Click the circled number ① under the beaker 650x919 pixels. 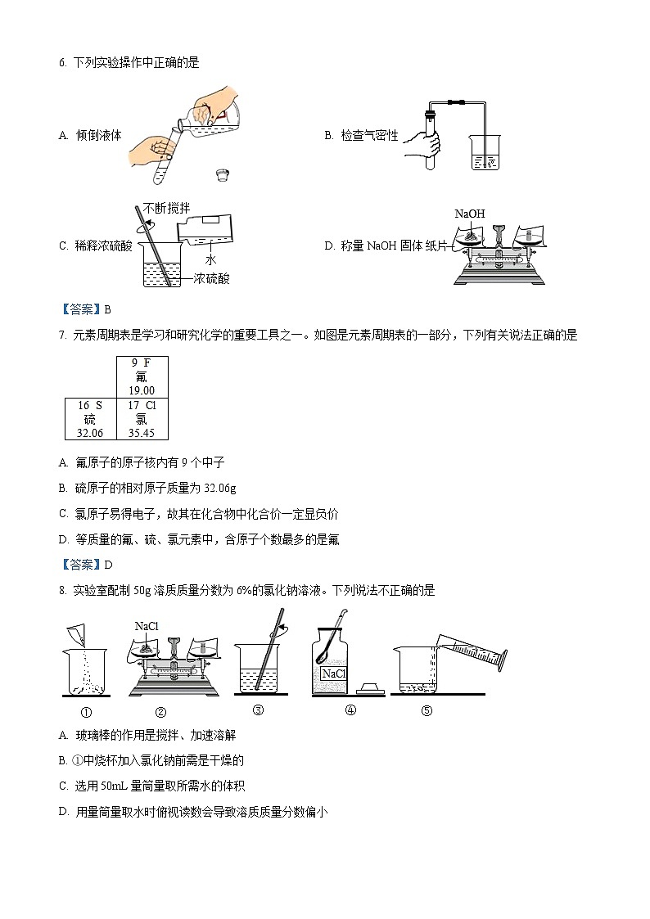coord(86,711)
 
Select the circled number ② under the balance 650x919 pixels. coord(160,711)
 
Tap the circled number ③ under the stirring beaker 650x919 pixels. coord(258,710)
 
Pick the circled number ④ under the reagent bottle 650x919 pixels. coord(350,710)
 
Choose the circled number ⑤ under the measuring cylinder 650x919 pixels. coord(427,710)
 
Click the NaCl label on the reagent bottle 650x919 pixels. coord(333,673)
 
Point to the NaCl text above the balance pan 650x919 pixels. coord(147,626)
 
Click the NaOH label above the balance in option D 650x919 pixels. coord(470,214)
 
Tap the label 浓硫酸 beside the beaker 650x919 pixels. coord(212,279)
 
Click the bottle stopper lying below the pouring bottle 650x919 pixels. coord(221,173)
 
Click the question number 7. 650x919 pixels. coord(62,335)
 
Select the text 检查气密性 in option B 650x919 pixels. coord(369,136)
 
